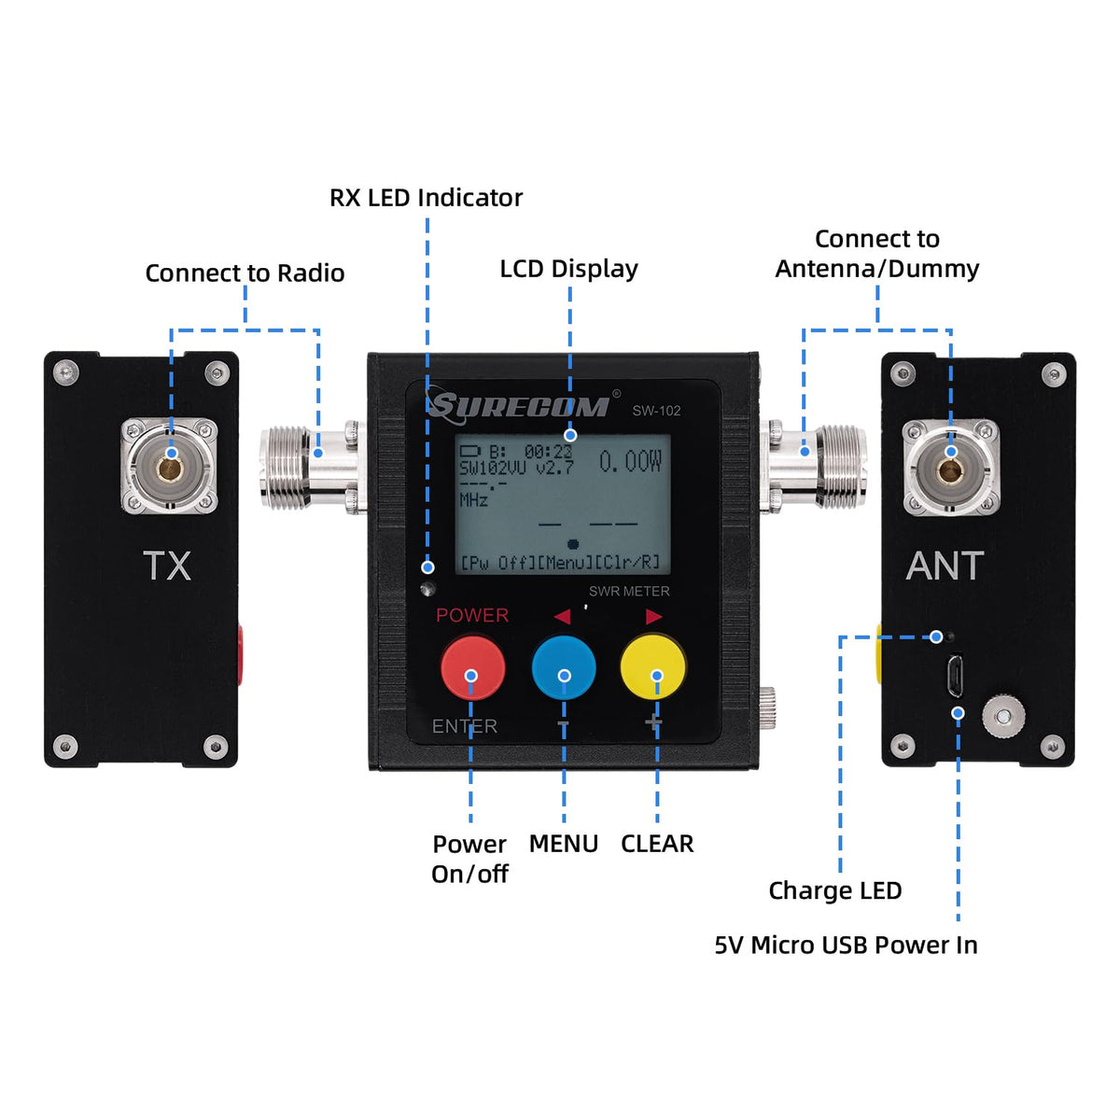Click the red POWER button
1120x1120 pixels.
point(472,668)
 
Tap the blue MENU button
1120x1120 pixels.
point(564,668)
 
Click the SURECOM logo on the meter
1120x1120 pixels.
point(519,406)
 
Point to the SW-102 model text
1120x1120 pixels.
point(656,411)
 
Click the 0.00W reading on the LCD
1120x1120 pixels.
point(630,461)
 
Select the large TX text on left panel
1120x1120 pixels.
point(167,567)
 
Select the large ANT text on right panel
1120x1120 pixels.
point(945,567)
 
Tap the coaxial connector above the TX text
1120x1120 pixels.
point(170,464)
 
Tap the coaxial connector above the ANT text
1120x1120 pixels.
point(950,464)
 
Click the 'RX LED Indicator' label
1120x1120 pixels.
point(426,198)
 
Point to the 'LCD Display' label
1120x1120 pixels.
point(568,269)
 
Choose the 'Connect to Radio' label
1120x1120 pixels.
point(245,273)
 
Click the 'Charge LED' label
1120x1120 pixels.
point(834,890)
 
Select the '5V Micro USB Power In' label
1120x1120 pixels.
point(846,945)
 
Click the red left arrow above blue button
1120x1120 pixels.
point(562,616)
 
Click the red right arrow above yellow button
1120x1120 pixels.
point(653,616)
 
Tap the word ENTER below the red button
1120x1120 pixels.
point(464,726)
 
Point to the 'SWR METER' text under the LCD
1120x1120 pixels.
point(629,591)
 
